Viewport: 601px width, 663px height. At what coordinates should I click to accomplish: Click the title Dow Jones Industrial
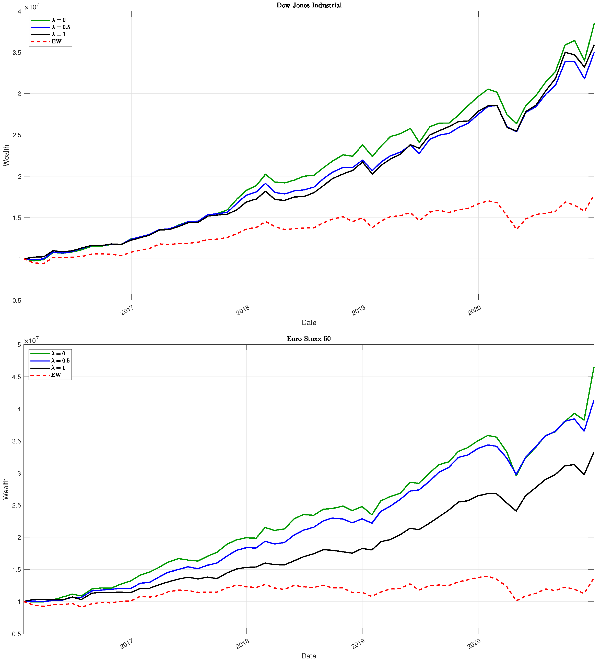point(309,5)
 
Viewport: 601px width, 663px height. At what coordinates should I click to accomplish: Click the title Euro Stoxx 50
point(308,339)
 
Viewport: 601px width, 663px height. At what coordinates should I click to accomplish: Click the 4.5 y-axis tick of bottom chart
point(16,377)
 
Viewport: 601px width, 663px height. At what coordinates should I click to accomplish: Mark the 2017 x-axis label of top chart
point(127,310)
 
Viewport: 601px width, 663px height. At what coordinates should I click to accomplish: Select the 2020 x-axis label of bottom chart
point(474,644)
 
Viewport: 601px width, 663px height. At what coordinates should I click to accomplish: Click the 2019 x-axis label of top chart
point(358,310)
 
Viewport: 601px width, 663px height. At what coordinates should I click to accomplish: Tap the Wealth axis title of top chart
point(6,155)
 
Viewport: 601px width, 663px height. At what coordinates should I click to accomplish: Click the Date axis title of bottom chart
point(309,656)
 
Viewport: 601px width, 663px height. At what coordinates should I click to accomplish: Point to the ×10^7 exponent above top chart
point(32,7)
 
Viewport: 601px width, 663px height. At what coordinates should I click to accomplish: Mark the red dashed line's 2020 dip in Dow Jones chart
point(517,229)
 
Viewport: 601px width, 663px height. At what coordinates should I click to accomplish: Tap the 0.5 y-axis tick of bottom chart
point(16,634)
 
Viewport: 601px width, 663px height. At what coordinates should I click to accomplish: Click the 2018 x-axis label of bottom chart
point(242,644)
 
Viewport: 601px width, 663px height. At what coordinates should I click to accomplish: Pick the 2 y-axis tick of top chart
point(19,176)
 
